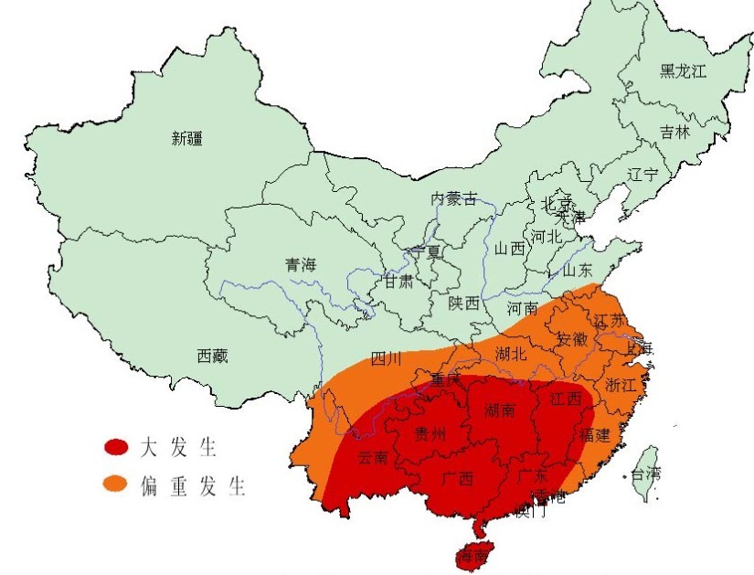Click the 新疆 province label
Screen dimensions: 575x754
(x=186, y=139)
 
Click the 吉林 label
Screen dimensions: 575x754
(x=675, y=133)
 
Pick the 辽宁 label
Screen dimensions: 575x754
(x=642, y=175)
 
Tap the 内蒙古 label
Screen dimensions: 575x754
(x=454, y=199)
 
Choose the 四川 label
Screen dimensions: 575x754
(x=387, y=359)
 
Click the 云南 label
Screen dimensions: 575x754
(x=373, y=456)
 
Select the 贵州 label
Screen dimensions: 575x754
(x=430, y=434)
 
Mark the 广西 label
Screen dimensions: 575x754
(x=457, y=479)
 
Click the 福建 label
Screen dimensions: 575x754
(x=594, y=435)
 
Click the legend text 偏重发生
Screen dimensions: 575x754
(x=194, y=484)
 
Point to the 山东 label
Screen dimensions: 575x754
(x=577, y=271)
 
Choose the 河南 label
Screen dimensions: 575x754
(x=523, y=308)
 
